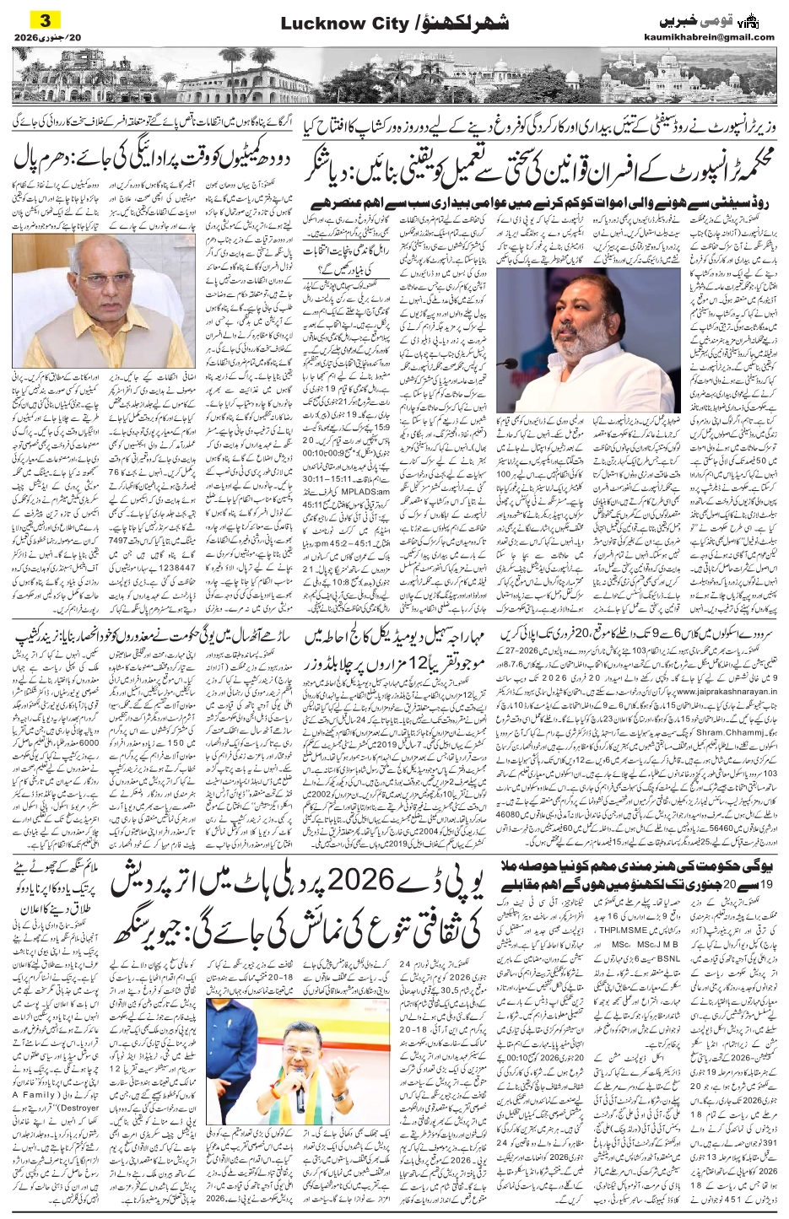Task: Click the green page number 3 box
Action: click(x=33, y=19)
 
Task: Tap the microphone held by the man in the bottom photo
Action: click(x=300, y=1084)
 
